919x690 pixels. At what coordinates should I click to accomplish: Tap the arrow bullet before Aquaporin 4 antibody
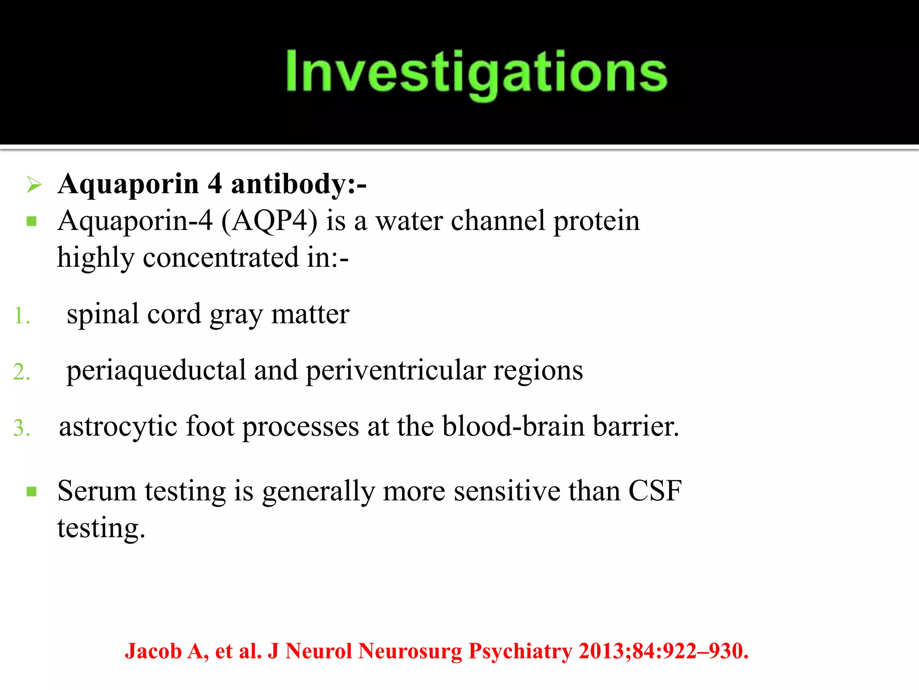click(34, 185)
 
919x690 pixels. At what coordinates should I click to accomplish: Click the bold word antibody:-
click(298, 185)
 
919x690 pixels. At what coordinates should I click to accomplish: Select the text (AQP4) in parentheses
click(270, 221)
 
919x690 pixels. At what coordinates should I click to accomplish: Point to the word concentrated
click(220, 258)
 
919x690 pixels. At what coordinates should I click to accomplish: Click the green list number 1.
click(22, 315)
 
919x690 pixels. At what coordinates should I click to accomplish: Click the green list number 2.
click(22, 372)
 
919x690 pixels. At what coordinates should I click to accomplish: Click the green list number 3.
click(22, 428)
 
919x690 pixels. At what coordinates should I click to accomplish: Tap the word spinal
click(103, 314)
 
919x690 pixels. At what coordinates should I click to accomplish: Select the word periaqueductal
click(157, 371)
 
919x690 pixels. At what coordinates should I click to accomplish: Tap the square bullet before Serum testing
click(31, 492)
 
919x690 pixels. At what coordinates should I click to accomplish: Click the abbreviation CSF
click(655, 491)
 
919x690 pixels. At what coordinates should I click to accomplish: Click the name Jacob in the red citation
click(153, 651)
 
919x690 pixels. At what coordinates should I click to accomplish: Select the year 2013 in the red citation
click(601, 651)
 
